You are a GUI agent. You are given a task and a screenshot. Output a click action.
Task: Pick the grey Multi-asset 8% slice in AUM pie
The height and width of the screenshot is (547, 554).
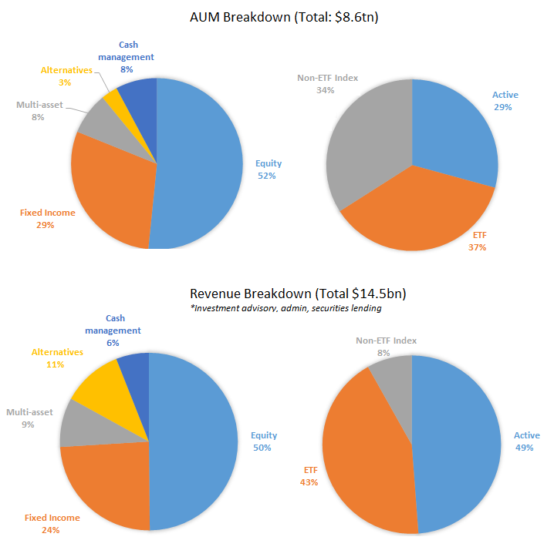[96, 122]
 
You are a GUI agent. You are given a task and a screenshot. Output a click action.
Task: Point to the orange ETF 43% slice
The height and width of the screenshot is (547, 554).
[363, 455]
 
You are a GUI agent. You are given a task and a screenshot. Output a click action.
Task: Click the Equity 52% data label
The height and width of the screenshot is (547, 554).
[268, 169]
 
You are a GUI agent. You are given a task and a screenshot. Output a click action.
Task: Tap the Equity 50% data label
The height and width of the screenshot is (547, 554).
[263, 441]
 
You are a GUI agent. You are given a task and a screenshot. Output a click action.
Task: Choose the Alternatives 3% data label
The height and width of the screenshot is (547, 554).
[68, 76]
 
